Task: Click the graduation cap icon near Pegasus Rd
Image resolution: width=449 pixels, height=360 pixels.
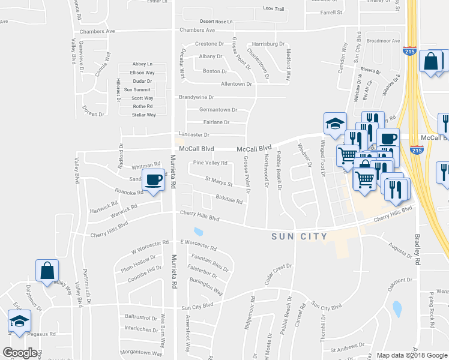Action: pos(20,321)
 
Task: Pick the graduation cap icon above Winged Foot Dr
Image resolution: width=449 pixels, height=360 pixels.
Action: pos(335,124)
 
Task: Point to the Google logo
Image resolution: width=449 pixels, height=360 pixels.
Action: pos(20,353)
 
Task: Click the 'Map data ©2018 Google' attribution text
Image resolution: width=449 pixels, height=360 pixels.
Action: pos(412,355)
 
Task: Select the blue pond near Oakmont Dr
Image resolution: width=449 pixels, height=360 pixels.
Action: pos(397,309)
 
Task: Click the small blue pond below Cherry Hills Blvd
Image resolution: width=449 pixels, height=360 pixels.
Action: pos(198,232)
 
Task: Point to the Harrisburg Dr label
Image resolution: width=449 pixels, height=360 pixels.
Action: pos(268,44)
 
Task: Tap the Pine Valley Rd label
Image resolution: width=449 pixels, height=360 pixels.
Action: pos(210,163)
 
